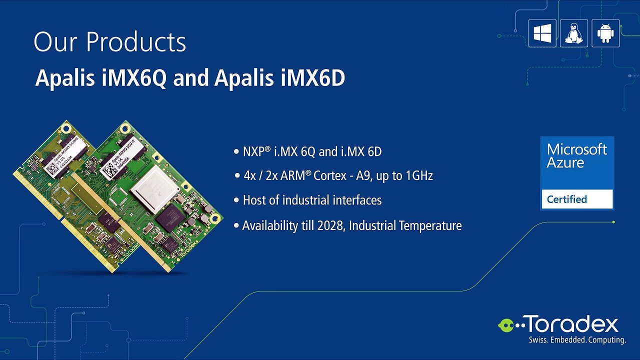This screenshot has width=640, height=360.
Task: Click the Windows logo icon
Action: (542, 33)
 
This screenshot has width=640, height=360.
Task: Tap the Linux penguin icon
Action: (573, 33)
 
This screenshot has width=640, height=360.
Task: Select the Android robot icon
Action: (605, 33)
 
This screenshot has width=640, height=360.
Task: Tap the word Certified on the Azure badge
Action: (566, 199)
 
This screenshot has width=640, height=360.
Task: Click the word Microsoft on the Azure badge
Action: (576, 149)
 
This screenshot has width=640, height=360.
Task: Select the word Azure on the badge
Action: (565, 162)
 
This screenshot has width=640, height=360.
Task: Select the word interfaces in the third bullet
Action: (352, 200)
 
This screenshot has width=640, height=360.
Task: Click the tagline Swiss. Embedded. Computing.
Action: (577, 340)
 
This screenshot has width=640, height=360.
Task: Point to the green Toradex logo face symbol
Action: (506, 325)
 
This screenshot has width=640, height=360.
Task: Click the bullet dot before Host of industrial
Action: (236, 200)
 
